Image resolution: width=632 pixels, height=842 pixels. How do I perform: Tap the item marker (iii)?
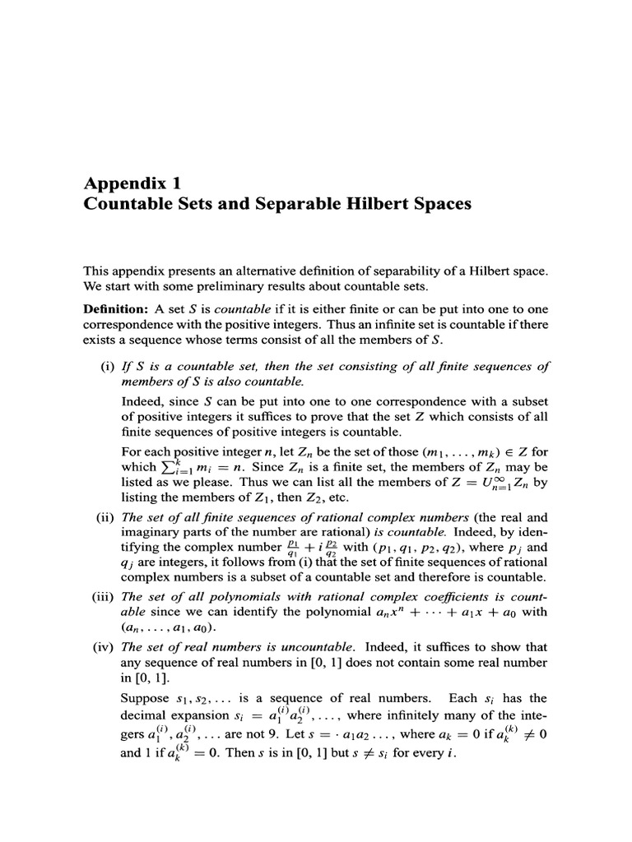pos(104,596)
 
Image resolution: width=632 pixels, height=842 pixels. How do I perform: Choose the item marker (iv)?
pos(104,646)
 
